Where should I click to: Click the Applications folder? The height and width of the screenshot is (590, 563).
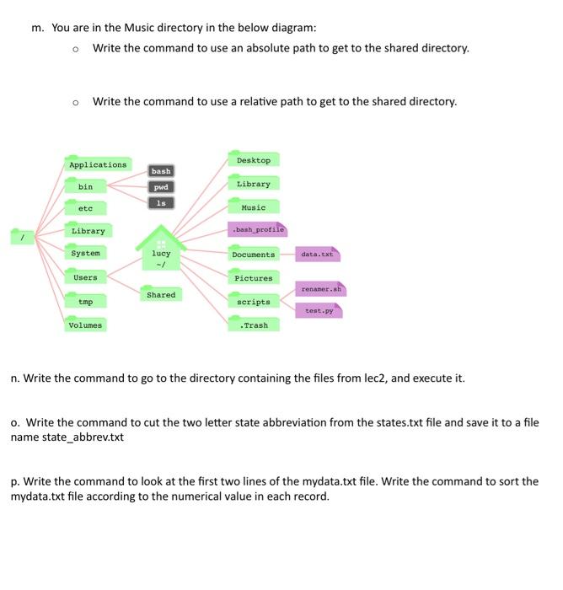[x=98, y=164]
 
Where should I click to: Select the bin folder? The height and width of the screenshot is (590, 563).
[x=86, y=186]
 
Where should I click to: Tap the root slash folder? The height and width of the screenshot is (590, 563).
[x=23, y=238]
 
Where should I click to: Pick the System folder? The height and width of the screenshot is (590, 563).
[x=85, y=253]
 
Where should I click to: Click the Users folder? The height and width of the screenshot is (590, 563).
[x=85, y=277]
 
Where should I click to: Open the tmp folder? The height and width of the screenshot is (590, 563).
[x=85, y=301]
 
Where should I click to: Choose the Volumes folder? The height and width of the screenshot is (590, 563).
[x=85, y=324]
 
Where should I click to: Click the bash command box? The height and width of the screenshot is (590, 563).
[x=161, y=171]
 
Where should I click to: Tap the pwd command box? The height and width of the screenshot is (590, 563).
[x=161, y=187]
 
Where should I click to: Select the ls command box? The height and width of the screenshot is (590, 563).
[x=161, y=203]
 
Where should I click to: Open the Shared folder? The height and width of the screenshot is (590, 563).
[x=161, y=295]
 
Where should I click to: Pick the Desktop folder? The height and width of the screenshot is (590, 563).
[x=253, y=160]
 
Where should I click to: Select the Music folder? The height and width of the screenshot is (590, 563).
[x=253, y=207]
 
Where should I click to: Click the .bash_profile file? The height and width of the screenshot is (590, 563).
[x=258, y=229]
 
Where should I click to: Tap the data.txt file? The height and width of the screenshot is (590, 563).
[x=317, y=254]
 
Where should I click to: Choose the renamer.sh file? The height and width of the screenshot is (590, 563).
[x=320, y=289]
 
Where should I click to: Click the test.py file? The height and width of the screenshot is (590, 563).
[x=319, y=310]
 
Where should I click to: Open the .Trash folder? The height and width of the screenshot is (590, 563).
[x=253, y=324]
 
